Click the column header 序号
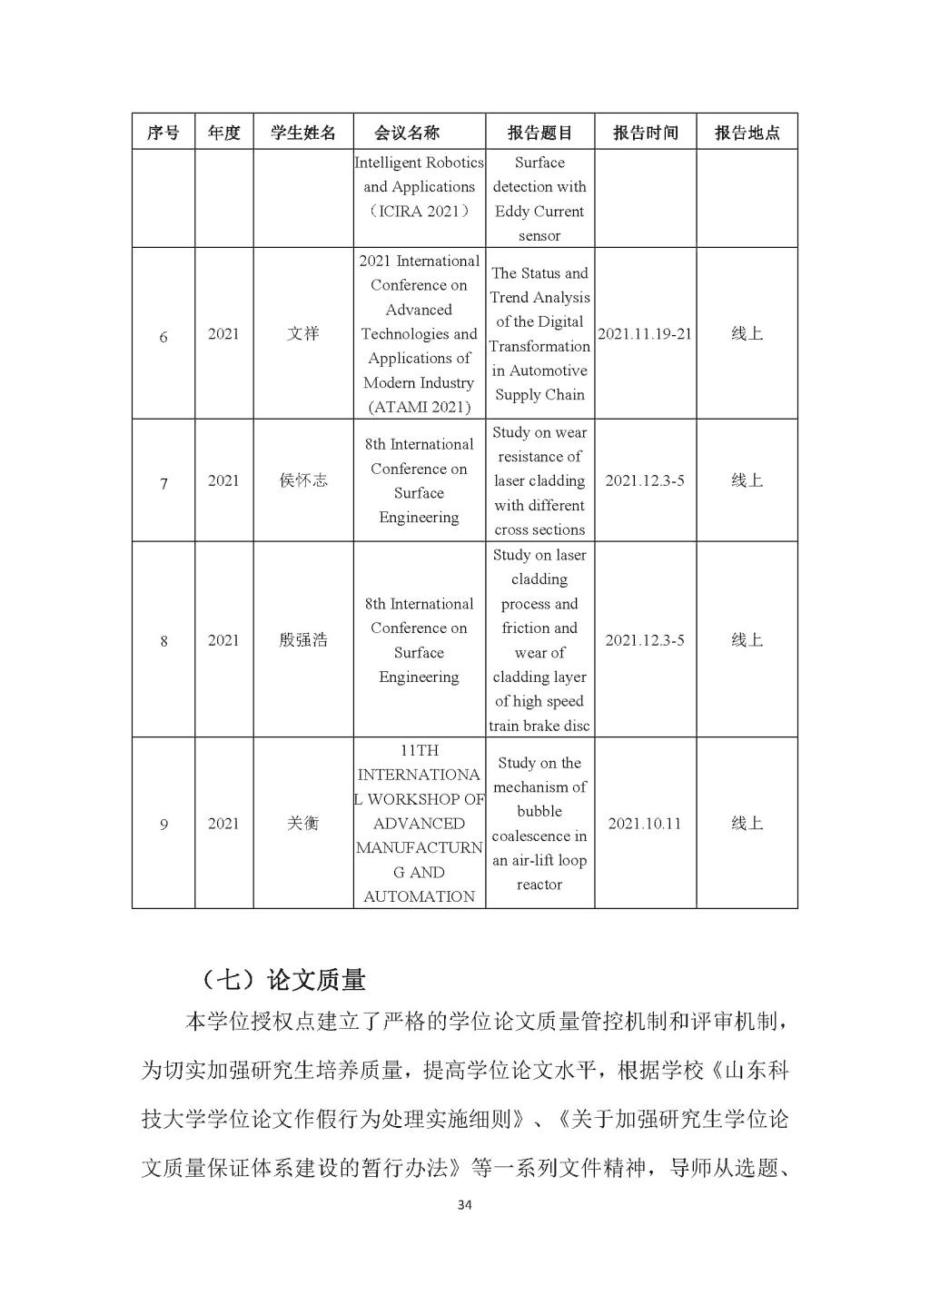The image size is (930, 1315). coord(163,133)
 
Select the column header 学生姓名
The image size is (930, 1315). coord(303,133)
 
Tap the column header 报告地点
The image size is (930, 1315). coord(747,133)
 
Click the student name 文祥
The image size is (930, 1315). coord(303,333)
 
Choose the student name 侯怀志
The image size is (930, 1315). coord(303,480)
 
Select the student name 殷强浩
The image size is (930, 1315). coord(303,640)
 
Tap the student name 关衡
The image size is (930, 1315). coord(303,824)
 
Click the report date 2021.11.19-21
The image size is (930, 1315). coord(645,333)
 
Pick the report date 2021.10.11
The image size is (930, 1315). coord(645,824)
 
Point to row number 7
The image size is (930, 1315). coord(163,483)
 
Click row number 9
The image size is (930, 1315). coord(163,825)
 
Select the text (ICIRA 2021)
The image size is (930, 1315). coord(419,212)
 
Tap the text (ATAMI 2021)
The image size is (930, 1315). coord(419,408)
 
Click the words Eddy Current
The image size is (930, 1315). coord(539,212)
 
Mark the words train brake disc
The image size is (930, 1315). coord(539,726)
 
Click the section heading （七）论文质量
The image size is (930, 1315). coord(282,980)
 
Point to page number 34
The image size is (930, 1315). coord(465,1206)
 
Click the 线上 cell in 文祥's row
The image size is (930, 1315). coord(747,333)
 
